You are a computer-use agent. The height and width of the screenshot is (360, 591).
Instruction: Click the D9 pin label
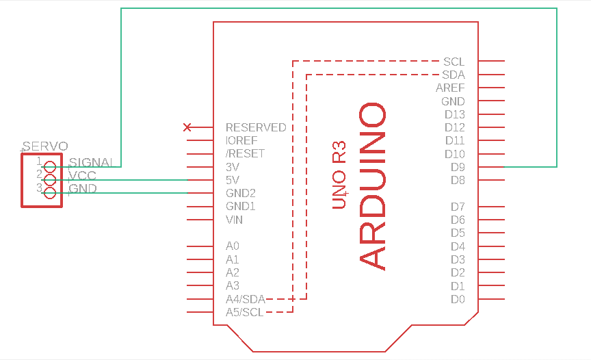pyautogui.click(x=458, y=167)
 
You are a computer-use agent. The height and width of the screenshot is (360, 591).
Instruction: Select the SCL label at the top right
pyautogui.click(x=454, y=62)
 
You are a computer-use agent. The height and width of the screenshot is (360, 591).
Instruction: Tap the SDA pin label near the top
pyautogui.click(x=453, y=75)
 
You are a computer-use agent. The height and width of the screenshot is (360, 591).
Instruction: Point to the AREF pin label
pyautogui.click(x=450, y=88)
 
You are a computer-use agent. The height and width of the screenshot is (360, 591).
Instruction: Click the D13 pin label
pyautogui.click(x=454, y=114)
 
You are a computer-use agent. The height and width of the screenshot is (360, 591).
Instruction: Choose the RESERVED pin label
pyautogui.click(x=256, y=127)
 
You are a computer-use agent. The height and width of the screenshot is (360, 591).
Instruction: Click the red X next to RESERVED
pyautogui.click(x=187, y=127)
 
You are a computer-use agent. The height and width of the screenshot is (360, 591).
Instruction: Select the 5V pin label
pyautogui.click(x=233, y=180)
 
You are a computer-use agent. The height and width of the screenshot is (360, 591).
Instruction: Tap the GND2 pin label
pyautogui.click(x=240, y=193)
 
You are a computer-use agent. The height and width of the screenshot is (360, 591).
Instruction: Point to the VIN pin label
pyautogui.click(x=234, y=220)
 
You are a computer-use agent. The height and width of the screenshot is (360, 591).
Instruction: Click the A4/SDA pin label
pyautogui.click(x=245, y=299)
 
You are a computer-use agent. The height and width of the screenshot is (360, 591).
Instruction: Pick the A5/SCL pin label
pyautogui.click(x=244, y=313)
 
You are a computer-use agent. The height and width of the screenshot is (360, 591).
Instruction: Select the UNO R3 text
pyautogui.click(x=339, y=175)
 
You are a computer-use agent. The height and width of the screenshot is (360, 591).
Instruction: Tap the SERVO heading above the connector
pyautogui.click(x=45, y=146)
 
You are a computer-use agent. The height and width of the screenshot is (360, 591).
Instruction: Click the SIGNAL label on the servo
pyautogui.click(x=91, y=163)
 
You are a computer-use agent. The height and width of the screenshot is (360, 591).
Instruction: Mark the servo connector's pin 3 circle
pyautogui.click(x=49, y=192)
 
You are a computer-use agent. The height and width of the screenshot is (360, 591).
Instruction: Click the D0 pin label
pyautogui.click(x=458, y=299)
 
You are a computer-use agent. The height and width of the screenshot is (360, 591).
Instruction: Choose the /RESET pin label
pyautogui.click(x=245, y=153)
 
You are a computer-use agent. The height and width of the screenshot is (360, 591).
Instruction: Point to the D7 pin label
pyautogui.click(x=458, y=207)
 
